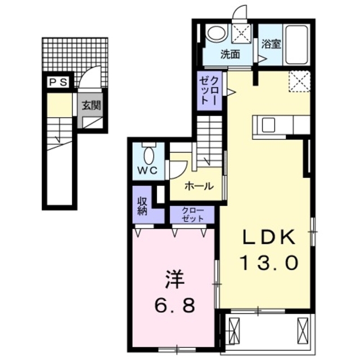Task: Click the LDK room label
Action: tap(269, 238)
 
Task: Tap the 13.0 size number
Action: tap(269, 262)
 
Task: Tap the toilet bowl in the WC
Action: tap(149, 154)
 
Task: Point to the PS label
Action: tap(58, 82)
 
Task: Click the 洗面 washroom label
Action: tap(230, 55)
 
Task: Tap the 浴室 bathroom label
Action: tap(271, 43)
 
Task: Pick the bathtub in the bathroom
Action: tap(296, 44)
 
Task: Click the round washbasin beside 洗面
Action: tap(214, 33)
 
